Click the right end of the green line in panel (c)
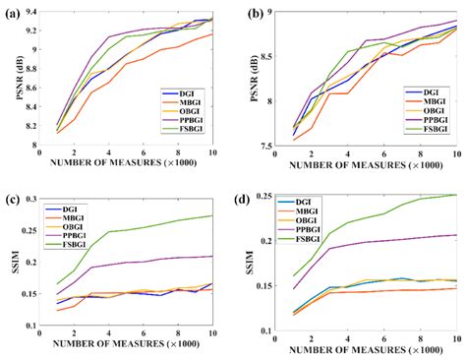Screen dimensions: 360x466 (x=211, y=215)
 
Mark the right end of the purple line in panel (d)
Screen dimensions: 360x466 (x=456, y=235)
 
